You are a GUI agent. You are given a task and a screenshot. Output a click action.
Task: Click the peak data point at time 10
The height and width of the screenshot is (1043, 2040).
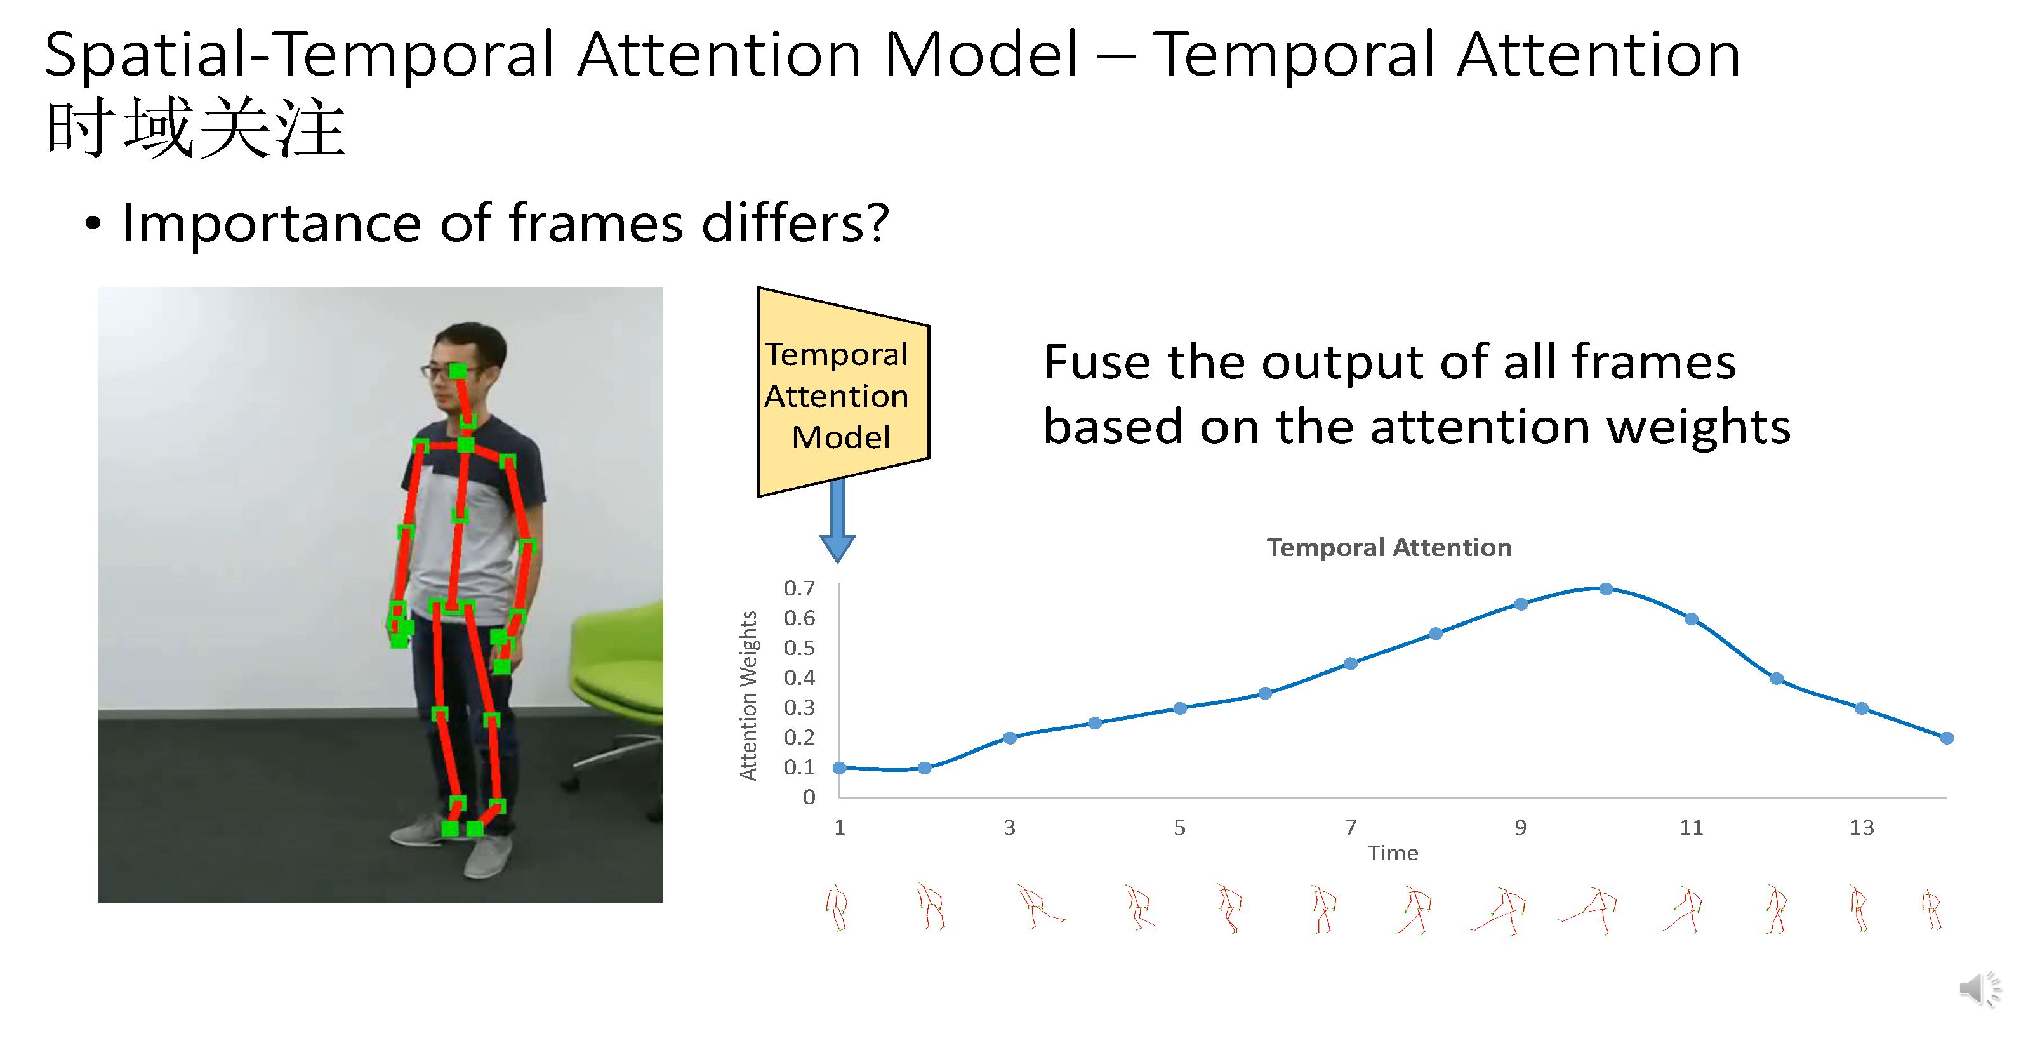(x=1605, y=588)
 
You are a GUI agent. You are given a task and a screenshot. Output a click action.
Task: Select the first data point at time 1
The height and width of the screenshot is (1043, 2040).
(x=840, y=767)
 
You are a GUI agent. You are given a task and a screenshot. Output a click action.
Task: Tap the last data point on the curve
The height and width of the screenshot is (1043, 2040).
(x=1947, y=738)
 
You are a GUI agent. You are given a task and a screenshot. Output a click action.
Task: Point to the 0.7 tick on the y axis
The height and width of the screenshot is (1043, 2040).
(x=799, y=588)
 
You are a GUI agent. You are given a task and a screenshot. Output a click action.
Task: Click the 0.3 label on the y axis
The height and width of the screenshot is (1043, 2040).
(x=799, y=707)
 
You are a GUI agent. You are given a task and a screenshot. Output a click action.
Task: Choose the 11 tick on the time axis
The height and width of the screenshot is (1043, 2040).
(x=1691, y=828)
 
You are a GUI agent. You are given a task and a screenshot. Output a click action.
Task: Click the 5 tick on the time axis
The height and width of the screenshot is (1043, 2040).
(x=1179, y=828)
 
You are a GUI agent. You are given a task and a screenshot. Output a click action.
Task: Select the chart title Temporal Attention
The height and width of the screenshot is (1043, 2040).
(x=1389, y=547)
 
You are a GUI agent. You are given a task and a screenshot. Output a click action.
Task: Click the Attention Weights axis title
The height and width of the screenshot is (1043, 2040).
(x=748, y=695)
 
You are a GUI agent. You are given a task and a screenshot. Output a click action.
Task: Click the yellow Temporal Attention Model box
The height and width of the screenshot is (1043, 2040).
(x=843, y=393)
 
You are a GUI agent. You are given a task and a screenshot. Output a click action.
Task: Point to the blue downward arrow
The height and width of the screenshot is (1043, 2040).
(x=837, y=521)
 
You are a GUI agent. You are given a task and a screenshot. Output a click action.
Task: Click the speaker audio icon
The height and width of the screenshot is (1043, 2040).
(x=1980, y=989)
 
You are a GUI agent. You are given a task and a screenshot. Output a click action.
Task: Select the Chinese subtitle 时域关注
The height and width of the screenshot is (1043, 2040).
(x=195, y=128)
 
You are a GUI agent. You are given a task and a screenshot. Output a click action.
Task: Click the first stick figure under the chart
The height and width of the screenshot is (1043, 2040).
(x=837, y=908)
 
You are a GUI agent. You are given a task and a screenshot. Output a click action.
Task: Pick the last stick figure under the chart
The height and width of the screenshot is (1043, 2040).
(x=1931, y=910)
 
